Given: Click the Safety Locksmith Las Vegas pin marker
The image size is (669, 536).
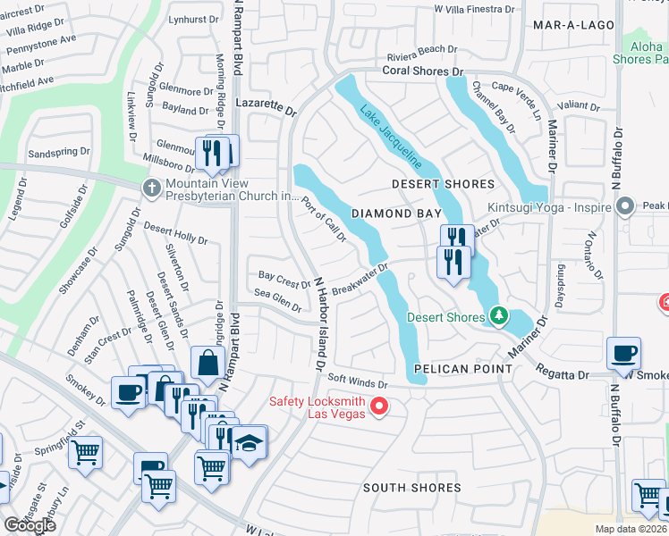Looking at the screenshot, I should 378,407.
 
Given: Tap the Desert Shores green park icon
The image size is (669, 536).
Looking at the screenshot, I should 498,316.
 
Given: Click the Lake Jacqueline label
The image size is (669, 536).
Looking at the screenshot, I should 392,138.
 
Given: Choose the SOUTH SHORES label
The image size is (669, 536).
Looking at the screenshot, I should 412,488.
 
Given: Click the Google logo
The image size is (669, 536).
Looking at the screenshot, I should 30,524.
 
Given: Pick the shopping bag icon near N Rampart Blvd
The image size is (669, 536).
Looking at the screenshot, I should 207,363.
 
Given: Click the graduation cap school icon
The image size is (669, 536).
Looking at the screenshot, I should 249,440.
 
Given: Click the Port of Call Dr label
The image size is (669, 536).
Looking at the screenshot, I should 324,219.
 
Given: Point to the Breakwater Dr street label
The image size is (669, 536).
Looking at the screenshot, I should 359,280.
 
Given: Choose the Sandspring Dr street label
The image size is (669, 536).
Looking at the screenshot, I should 60,152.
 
